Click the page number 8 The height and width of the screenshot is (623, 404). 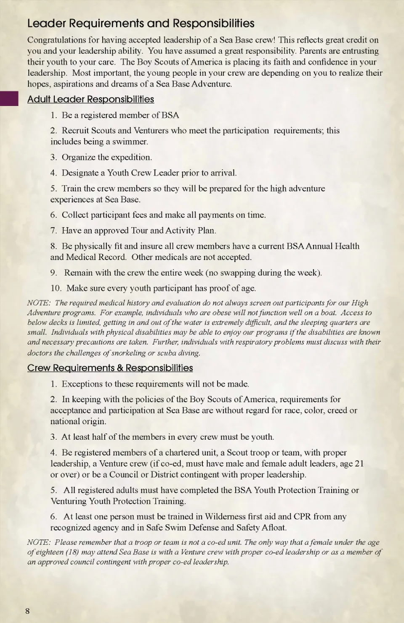click(x=28, y=611)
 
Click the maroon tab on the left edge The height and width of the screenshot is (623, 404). click(x=9, y=99)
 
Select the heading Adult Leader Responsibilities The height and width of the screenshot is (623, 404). click(x=90, y=99)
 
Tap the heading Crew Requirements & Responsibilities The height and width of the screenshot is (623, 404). click(x=110, y=368)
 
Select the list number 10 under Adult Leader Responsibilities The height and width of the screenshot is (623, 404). click(x=56, y=288)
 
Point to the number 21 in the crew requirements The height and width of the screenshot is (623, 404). click(x=359, y=463)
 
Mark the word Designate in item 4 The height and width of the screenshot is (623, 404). click(x=80, y=173)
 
